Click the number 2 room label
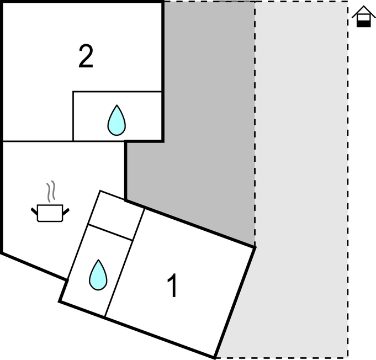point(86,56)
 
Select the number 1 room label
point(172,285)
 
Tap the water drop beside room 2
point(116,120)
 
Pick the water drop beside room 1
point(98,275)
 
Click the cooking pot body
point(50,213)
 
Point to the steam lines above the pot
point(51,191)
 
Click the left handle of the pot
point(34,211)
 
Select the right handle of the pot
point(66,211)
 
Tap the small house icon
point(363,17)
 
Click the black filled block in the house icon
point(364,24)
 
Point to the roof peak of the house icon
point(363,6)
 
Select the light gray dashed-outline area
point(301,180)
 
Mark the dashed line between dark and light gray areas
point(255,124)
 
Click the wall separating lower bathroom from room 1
point(125,263)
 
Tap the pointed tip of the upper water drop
point(117,105)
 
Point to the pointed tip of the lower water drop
point(98,260)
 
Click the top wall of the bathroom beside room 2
point(117,91)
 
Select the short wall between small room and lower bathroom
point(110,232)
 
